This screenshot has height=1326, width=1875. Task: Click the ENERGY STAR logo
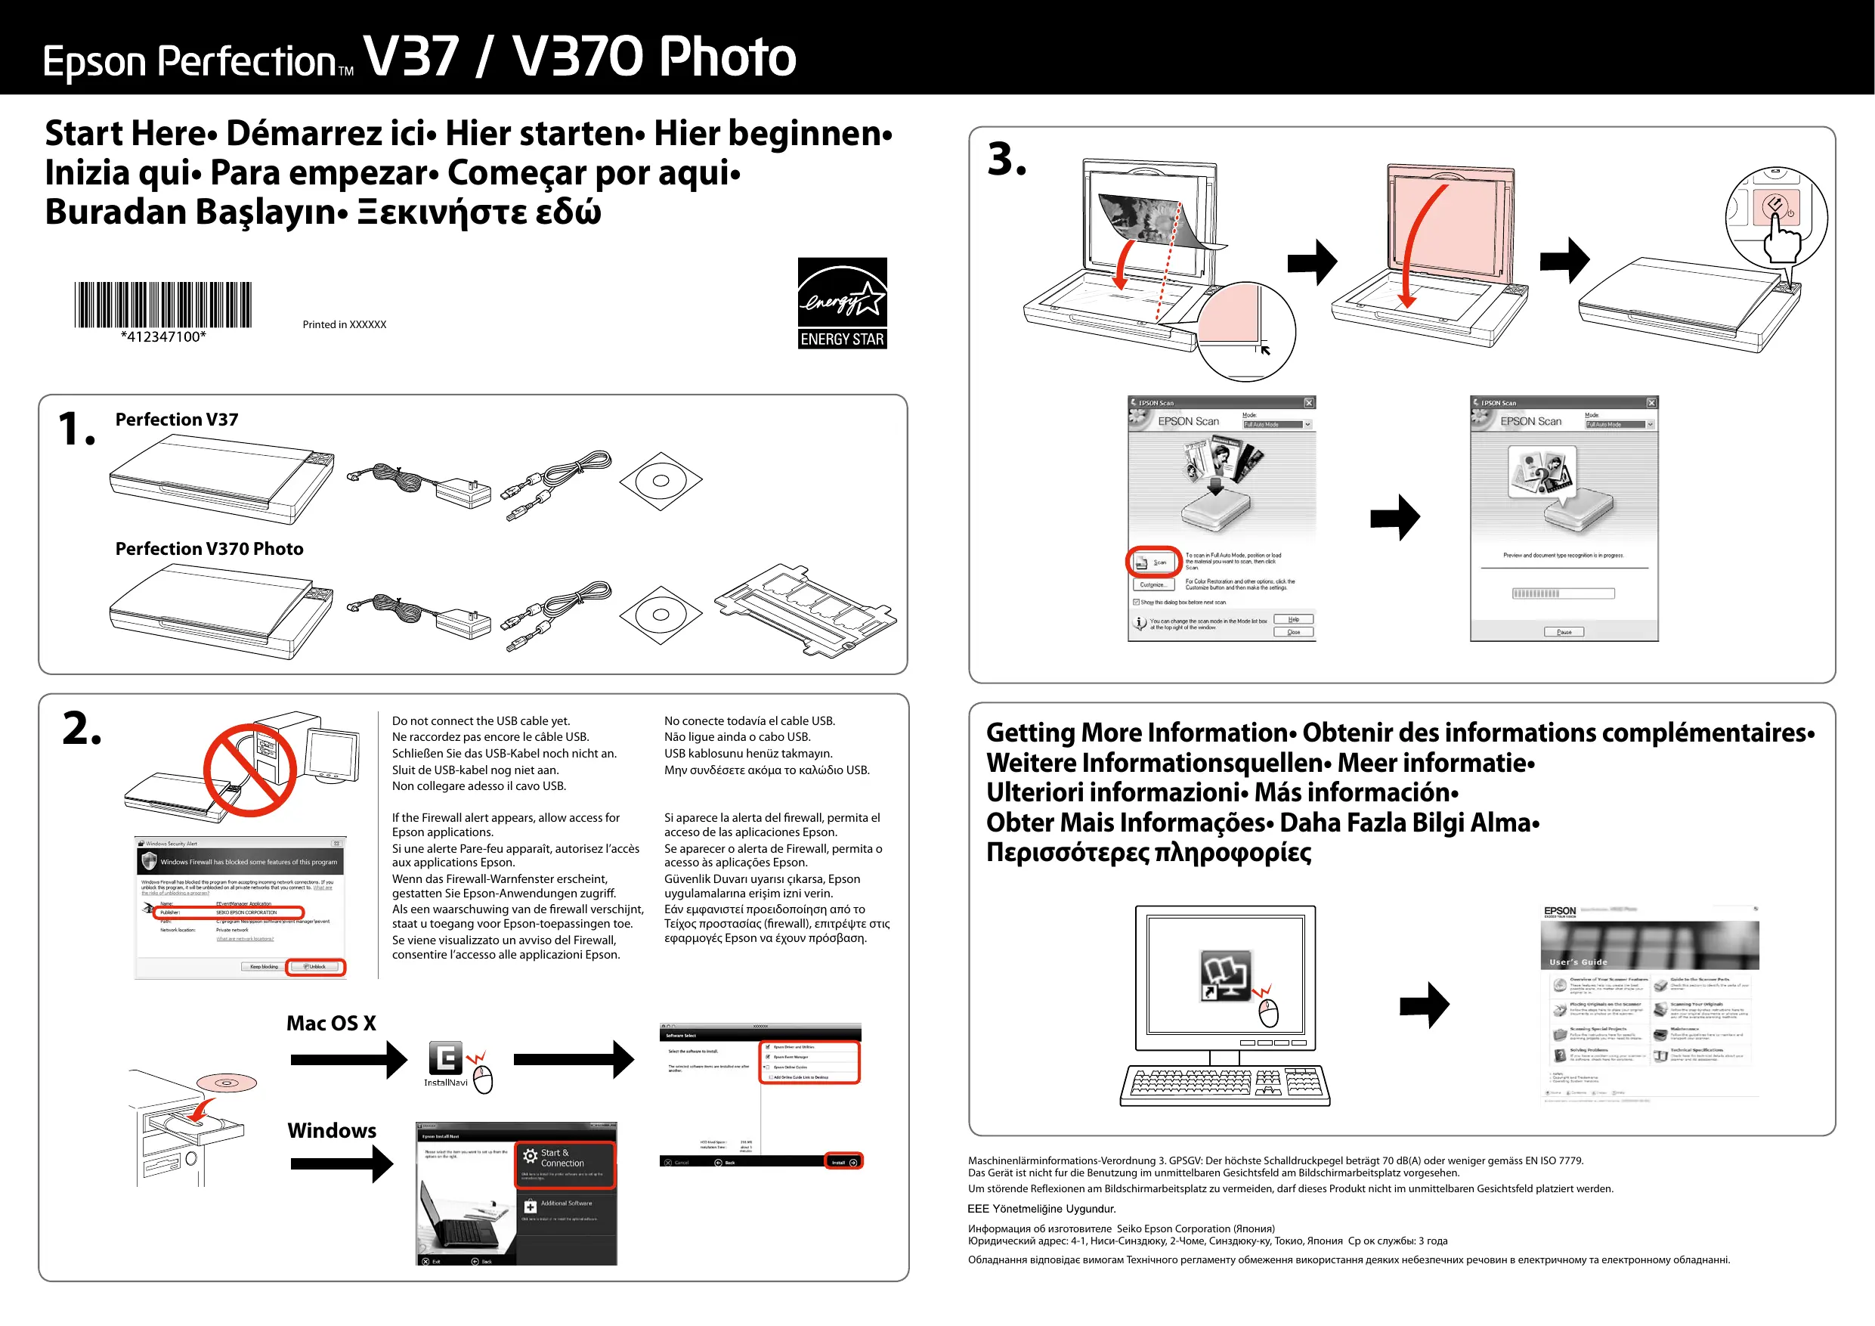click(x=842, y=303)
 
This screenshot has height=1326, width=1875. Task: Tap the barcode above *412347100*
click(x=162, y=305)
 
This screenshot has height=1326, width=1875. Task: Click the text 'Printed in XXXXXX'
click(x=344, y=324)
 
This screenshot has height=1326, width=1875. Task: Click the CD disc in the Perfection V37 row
click(x=661, y=480)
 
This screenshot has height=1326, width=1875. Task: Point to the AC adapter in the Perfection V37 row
click(x=463, y=492)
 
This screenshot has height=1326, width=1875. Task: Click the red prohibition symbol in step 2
click(x=250, y=770)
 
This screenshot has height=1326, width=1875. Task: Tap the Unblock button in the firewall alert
click(x=317, y=966)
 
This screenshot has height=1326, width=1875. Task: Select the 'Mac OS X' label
click(x=331, y=1023)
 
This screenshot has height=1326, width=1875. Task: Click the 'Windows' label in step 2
click(x=332, y=1131)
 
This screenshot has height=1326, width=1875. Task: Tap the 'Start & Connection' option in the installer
click(x=564, y=1158)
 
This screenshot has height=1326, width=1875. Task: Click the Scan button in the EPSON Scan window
click(x=1154, y=562)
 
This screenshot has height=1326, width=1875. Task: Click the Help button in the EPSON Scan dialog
click(x=1294, y=619)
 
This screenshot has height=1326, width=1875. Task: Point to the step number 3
click(x=1006, y=160)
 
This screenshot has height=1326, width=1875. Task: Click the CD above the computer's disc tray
click(x=227, y=1083)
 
